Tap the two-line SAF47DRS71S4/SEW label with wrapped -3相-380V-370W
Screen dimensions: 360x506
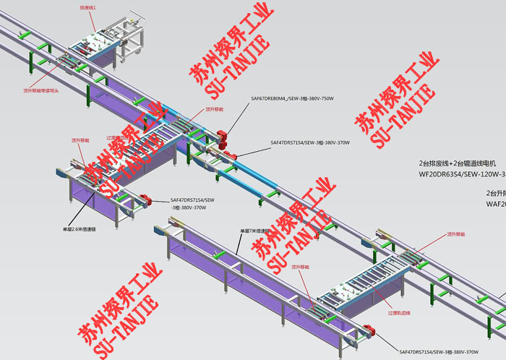[192, 204]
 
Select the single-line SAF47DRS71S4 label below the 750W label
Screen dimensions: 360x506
[309, 143]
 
